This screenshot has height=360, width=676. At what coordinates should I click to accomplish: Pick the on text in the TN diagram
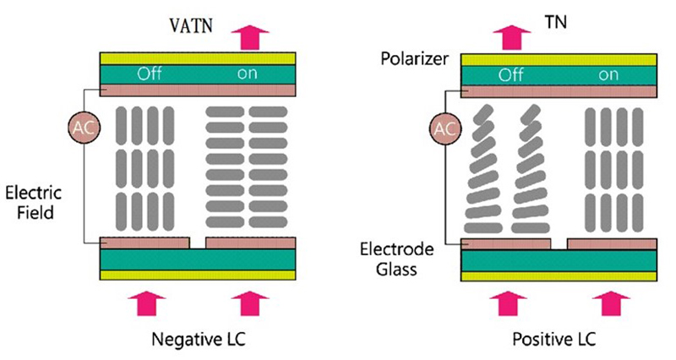pos(608,74)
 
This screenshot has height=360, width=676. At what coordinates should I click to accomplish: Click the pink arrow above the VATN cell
pos(250,35)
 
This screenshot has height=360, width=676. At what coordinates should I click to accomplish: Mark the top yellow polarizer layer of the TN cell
pos(559,57)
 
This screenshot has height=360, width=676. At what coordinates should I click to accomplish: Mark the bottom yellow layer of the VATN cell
pos(198,274)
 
